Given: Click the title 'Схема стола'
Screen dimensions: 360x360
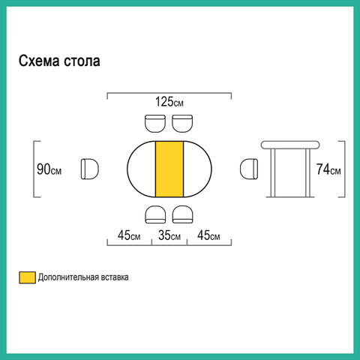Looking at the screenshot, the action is click(x=59, y=61).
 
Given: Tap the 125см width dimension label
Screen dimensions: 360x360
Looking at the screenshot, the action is click(x=169, y=102).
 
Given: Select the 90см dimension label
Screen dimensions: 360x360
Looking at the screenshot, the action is click(x=49, y=169).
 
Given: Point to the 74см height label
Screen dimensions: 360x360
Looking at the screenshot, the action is click(x=328, y=169).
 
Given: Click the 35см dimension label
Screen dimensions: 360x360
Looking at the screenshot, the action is click(x=169, y=235).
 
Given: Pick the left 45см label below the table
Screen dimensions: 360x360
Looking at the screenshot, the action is click(x=129, y=235).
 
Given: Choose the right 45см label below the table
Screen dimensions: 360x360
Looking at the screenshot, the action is click(x=208, y=235).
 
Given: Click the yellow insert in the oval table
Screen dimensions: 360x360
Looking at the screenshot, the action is click(x=169, y=169).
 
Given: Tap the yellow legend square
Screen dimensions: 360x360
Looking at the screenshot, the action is click(x=28, y=277).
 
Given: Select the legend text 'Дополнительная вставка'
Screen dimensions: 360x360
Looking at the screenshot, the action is click(x=83, y=277).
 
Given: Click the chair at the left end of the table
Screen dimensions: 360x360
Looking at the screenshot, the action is click(x=90, y=169).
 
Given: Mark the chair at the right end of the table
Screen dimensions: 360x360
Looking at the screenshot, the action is click(x=249, y=169).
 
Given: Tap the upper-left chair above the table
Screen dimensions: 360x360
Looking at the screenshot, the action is click(x=155, y=124).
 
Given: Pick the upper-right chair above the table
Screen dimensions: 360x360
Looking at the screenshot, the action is click(x=182, y=124).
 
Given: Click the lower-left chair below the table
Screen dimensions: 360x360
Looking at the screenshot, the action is click(x=155, y=214).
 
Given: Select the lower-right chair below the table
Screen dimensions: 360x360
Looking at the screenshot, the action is click(x=182, y=214).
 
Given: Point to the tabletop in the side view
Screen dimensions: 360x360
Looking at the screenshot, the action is click(x=290, y=145).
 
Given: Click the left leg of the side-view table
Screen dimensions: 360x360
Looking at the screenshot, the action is click(x=273, y=173).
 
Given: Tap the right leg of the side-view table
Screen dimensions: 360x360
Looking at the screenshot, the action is click(x=308, y=173).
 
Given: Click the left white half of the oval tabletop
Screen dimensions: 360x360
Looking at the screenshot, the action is click(x=142, y=169).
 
